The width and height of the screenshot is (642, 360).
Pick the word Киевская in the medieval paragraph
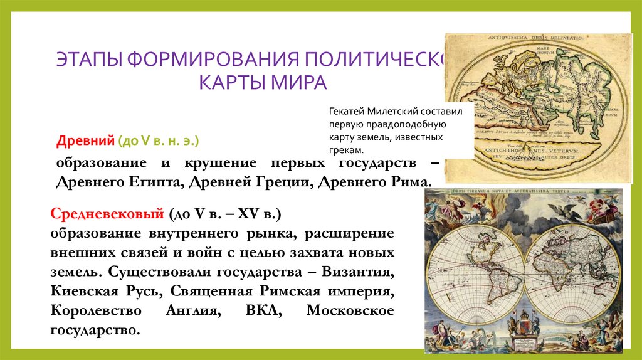[x=79, y=292]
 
